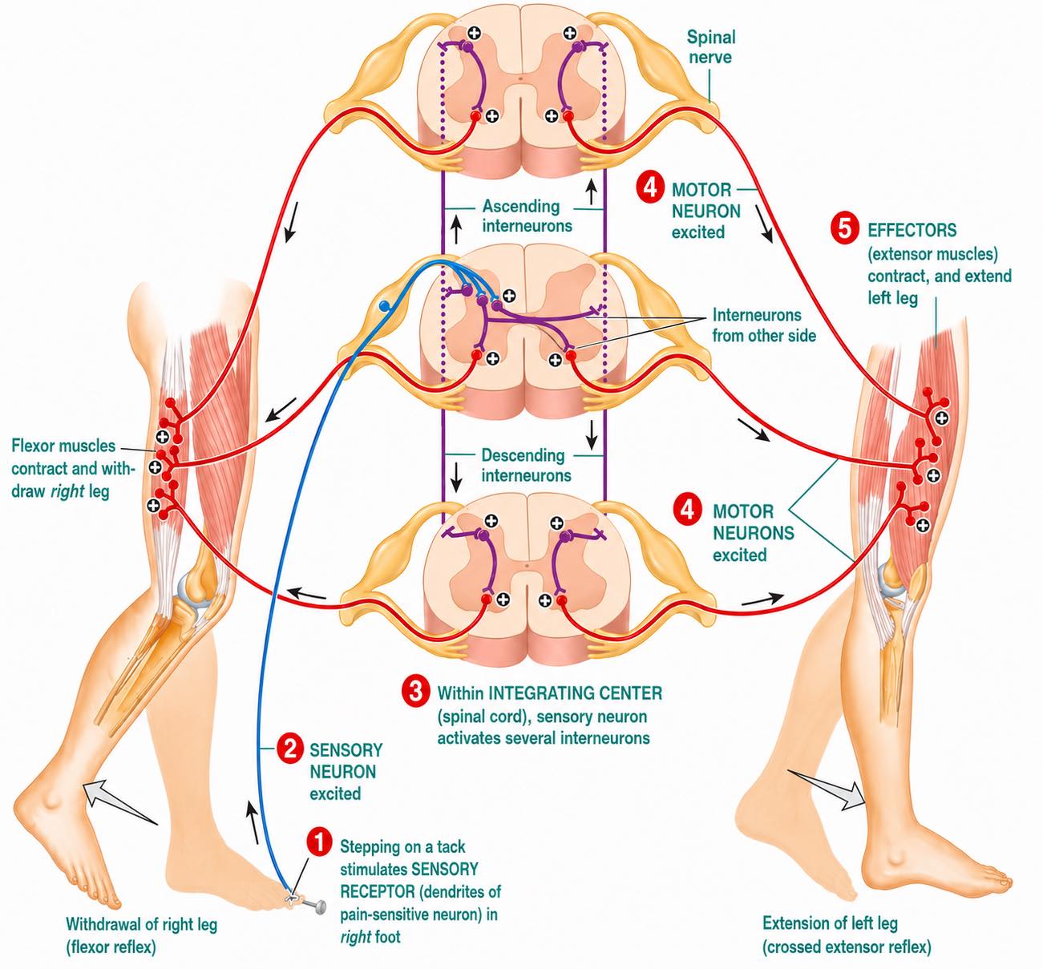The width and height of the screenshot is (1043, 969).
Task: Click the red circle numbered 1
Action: click(x=319, y=842)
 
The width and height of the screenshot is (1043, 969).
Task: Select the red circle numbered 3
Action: click(x=415, y=692)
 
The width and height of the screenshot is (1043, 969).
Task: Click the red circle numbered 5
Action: click(x=844, y=229)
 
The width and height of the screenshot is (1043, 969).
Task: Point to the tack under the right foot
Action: click(x=311, y=906)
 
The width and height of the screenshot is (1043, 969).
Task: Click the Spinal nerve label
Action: click(x=711, y=46)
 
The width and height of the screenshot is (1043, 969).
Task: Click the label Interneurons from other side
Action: click(x=764, y=325)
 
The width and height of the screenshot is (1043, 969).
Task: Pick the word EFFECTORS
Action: click(x=912, y=230)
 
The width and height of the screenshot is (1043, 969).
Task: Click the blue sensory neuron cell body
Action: click(x=385, y=305)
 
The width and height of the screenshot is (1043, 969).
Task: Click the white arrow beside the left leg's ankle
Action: click(x=827, y=790)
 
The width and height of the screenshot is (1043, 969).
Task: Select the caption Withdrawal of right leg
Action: click(x=141, y=924)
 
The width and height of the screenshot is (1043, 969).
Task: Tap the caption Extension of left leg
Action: click(x=830, y=923)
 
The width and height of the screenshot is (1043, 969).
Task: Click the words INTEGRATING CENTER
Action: click(x=575, y=692)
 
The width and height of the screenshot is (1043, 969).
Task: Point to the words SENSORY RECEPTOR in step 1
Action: click(x=410, y=880)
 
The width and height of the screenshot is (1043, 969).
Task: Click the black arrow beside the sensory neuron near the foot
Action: click(x=253, y=822)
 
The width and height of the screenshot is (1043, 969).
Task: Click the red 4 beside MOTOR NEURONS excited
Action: click(x=689, y=510)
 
